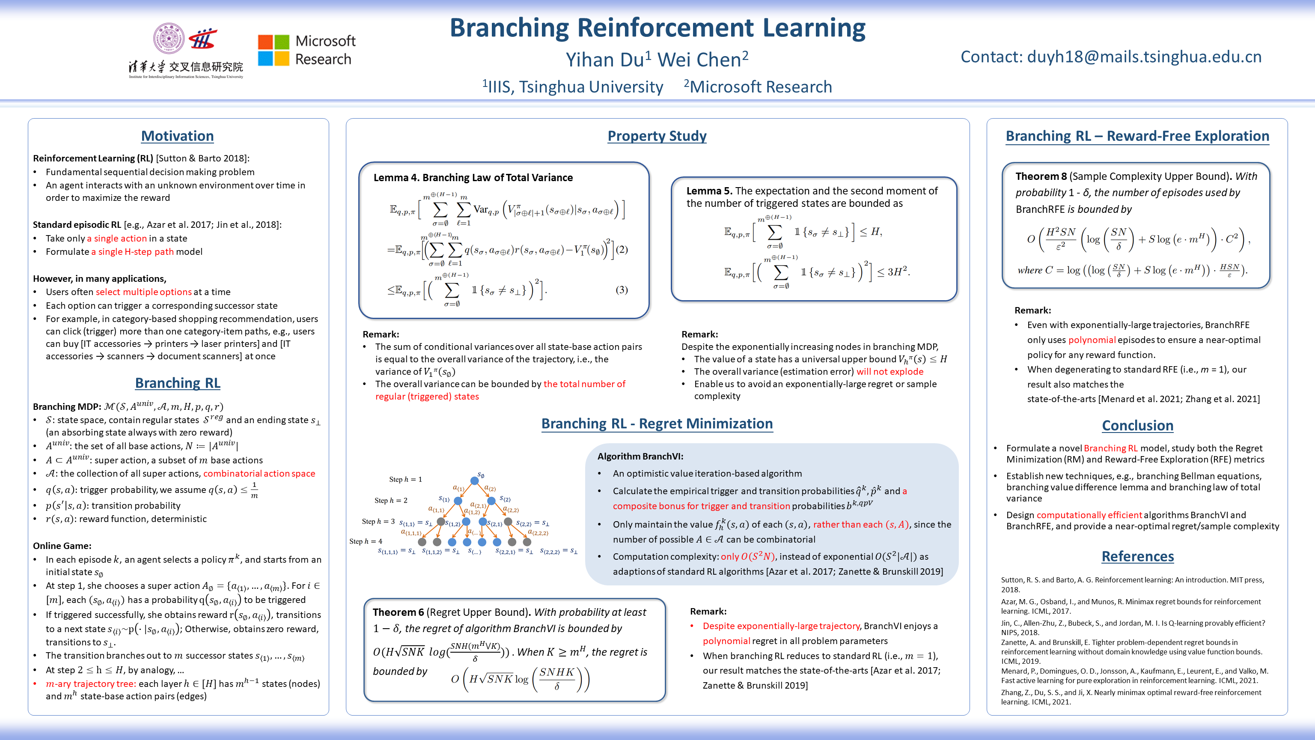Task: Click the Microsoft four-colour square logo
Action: [274, 50]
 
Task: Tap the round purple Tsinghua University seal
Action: [169, 38]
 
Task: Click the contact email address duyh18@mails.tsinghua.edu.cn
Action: [1144, 57]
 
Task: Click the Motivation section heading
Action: [177, 136]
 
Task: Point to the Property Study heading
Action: [657, 136]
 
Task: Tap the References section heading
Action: [1137, 556]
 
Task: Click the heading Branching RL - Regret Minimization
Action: [657, 424]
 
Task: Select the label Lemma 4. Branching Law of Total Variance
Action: [473, 177]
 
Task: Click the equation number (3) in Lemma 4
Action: [621, 290]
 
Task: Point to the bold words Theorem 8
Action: [1041, 176]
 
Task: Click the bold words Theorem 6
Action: [398, 612]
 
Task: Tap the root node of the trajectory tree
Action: [475, 480]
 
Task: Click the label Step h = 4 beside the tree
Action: [366, 541]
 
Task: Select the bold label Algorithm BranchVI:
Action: [640, 456]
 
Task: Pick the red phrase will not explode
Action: [890, 371]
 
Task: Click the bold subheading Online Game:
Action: [62, 546]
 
